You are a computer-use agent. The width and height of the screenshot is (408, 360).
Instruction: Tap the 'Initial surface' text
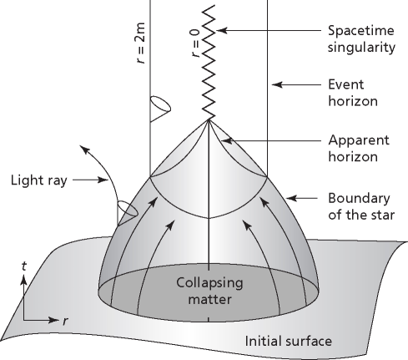[x=287, y=341]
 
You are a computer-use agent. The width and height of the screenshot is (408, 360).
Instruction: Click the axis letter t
[x=25, y=266]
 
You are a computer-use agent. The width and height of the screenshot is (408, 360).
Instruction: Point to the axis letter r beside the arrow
[x=63, y=320]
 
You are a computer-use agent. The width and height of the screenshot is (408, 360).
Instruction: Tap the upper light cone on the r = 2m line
[x=161, y=108]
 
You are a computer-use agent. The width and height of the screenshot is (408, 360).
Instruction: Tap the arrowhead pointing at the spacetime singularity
[x=222, y=31]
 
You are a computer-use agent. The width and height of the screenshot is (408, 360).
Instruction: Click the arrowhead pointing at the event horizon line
[x=277, y=84]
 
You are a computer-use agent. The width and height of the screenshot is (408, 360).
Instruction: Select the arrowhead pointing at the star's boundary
[x=290, y=198]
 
